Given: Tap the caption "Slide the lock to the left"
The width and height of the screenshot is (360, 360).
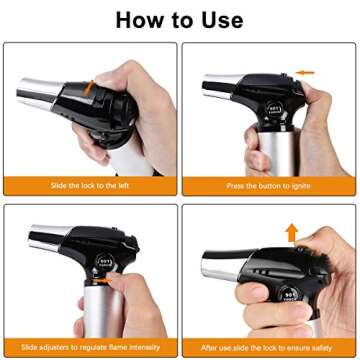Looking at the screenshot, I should pyautogui.click(x=90, y=187).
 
